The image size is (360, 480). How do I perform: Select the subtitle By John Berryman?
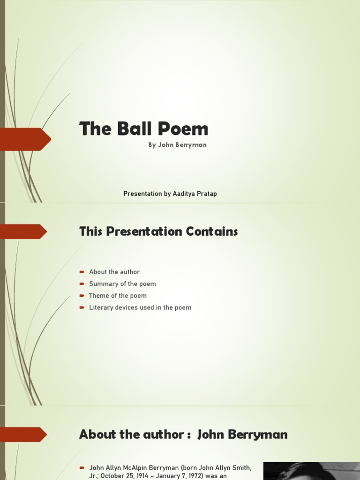[x=177, y=145]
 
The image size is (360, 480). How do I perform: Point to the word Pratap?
[x=207, y=194]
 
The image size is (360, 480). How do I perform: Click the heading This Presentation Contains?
[x=158, y=231]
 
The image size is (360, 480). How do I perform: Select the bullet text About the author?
[x=114, y=272]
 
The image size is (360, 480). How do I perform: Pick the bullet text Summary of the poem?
[x=122, y=284]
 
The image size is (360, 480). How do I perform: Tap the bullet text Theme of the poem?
[x=118, y=295]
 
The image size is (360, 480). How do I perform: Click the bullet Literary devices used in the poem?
[x=140, y=307]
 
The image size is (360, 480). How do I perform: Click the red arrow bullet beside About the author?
[x=82, y=272]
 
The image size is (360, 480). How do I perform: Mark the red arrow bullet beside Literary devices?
[x=82, y=307]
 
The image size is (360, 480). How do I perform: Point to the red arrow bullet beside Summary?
[x=82, y=284]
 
